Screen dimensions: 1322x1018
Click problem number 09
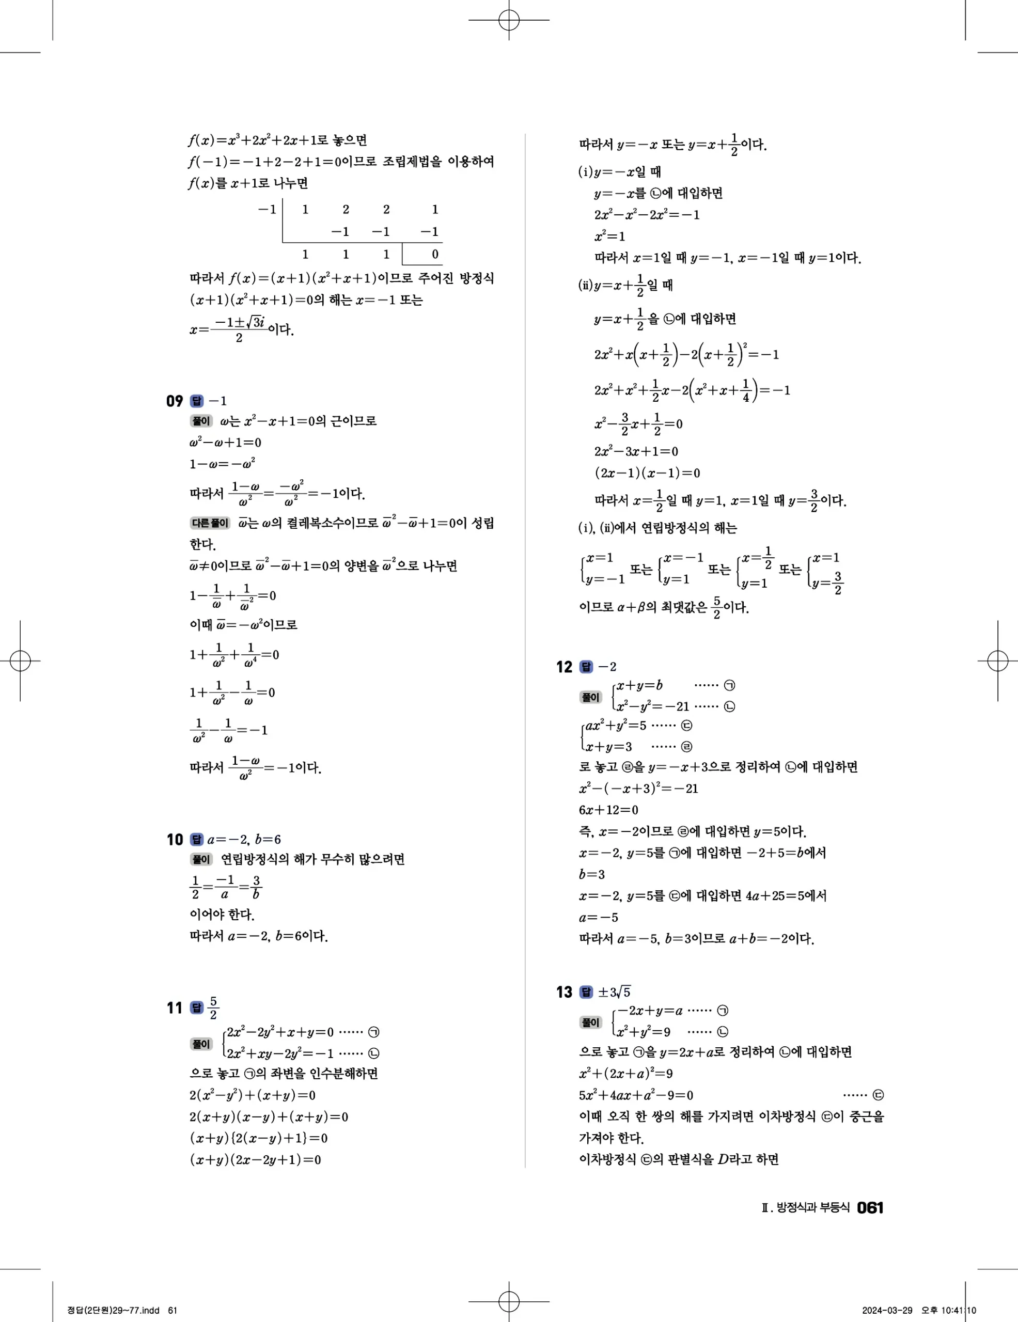tap(174, 401)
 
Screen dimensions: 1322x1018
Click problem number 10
tap(174, 840)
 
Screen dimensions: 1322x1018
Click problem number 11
tap(174, 1008)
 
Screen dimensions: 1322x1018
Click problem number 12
tap(564, 667)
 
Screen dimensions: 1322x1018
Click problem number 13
tap(564, 992)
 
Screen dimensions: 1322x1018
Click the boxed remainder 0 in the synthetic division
tap(434, 254)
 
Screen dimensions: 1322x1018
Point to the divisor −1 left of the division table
tap(267, 210)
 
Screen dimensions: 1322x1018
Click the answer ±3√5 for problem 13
tap(614, 992)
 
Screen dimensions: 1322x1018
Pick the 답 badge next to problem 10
tap(197, 840)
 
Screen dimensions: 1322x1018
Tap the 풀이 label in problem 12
tap(591, 697)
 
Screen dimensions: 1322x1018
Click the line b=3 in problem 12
tap(592, 874)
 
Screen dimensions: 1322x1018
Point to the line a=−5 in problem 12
tap(599, 917)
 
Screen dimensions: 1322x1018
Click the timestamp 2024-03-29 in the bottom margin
tap(887, 1311)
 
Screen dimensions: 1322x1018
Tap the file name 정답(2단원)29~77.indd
tap(113, 1311)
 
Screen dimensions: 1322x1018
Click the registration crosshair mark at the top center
tap(509, 20)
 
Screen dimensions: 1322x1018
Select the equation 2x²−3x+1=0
tap(636, 451)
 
